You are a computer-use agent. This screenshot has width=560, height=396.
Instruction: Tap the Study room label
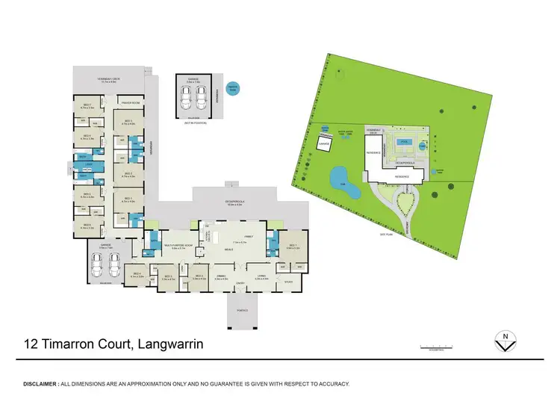[x=288, y=282]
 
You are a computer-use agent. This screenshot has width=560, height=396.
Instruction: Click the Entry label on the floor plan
[x=241, y=284]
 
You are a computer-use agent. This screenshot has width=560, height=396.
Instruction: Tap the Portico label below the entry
[x=241, y=308]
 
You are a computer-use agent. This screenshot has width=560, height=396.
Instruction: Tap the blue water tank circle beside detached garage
[x=234, y=87]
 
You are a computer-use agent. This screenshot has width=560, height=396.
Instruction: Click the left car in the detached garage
[x=185, y=96]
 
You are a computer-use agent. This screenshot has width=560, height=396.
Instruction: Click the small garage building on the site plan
[x=324, y=143]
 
